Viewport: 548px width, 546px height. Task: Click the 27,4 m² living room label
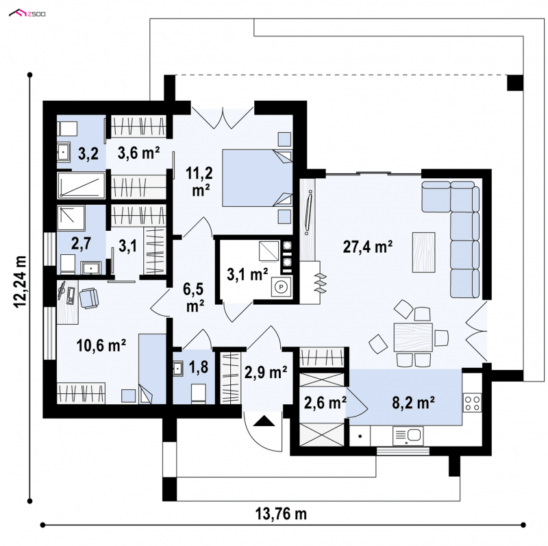(x=367, y=247)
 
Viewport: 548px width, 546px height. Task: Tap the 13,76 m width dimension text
(x=281, y=514)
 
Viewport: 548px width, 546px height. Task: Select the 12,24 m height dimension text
(x=21, y=282)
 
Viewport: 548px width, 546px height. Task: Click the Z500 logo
(x=27, y=14)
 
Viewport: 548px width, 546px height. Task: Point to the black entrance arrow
(x=264, y=421)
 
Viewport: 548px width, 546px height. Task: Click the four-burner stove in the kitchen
(x=472, y=402)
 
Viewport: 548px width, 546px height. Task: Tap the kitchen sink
(x=408, y=436)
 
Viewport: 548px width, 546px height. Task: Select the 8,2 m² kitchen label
(x=413, y=403)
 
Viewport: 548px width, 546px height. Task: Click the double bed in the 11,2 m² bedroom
(x=257, y=178)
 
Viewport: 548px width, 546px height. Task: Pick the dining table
(x=413, y=337)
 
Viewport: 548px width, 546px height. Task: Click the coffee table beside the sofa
(x=423, y=252)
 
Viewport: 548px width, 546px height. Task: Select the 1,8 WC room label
(x=199, y=367)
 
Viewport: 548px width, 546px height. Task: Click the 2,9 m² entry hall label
(x=266, y=373)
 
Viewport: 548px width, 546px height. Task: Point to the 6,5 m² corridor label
(x=195, y=297)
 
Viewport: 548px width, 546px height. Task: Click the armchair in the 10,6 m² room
(x=89, y=298)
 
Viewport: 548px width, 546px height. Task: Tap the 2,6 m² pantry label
(x=325, y=403)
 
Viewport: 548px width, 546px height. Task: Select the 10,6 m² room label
(x=101, y=345)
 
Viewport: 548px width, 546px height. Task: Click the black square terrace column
(x=515, y=83)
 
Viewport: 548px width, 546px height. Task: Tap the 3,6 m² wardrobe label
(x=138, y=153)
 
